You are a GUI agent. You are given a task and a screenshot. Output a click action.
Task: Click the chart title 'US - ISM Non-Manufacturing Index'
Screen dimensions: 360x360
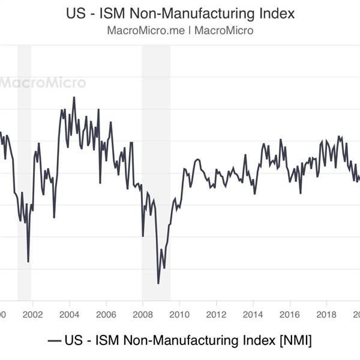pos(180,13)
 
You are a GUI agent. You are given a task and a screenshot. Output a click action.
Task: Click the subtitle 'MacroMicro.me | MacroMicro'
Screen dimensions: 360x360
pos(180,31)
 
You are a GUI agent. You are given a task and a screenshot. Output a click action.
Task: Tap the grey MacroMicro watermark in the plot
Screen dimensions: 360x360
pos(42,83)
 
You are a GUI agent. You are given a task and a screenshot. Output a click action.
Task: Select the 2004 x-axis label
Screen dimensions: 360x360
pos(69,314)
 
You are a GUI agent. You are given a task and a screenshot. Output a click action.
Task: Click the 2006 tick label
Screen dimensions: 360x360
pos(106,314)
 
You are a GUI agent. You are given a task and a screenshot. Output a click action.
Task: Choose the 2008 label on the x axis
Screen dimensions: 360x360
pos(143,314)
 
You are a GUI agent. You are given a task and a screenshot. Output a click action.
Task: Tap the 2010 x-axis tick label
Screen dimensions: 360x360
pos(179,314)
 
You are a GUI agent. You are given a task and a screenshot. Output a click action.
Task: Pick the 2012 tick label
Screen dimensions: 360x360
pos(216,314)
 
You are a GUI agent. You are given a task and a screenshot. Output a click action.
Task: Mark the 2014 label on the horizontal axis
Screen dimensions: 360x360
pos(253,314)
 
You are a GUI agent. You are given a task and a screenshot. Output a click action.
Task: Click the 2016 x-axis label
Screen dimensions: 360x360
pos(290,314)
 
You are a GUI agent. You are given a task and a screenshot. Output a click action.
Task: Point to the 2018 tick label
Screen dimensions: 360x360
pos(326,314)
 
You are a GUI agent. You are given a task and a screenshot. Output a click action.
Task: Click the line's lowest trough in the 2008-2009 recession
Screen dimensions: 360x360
pos(158,283)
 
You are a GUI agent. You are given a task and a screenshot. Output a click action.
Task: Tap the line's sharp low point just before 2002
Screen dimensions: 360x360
pos(28,262)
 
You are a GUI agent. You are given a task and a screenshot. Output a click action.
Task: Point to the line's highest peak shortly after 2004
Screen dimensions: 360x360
pos(74,97)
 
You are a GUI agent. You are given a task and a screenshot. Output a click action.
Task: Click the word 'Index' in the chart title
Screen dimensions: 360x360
pos(275,13)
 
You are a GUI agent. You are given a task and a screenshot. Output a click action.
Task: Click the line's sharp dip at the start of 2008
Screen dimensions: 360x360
pos(143,236)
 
